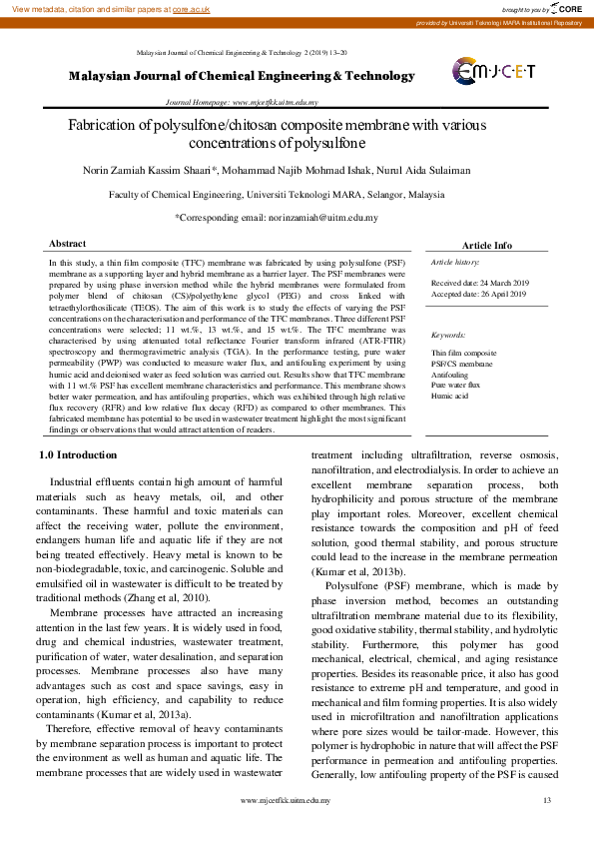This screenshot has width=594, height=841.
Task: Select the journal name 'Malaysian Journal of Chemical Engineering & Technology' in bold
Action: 241,76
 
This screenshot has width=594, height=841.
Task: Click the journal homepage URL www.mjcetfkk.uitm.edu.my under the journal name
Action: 275,102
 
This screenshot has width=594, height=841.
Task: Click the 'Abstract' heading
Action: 68,244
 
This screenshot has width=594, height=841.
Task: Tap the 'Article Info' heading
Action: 486,245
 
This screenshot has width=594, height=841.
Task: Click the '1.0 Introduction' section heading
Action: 78,454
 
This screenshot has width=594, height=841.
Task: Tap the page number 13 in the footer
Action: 546,801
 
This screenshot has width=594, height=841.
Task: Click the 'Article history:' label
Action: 455,262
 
